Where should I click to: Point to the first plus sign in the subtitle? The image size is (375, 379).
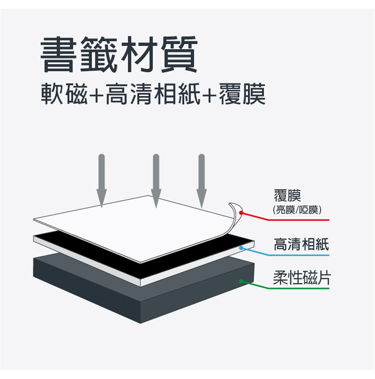(x=97, y=95)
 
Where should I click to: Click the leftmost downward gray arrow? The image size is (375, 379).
(x=101, y=180)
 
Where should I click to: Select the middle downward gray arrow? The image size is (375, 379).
(x=157, y=180)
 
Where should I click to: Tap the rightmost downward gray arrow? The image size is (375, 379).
(x=202, y=180)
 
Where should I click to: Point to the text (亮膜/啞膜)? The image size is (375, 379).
(x=297, y=209)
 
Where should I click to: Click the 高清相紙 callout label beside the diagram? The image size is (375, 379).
(x=301, y=244)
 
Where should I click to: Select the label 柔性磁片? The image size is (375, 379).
(x=301, y=278)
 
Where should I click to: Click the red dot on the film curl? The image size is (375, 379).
(x=241, y=213)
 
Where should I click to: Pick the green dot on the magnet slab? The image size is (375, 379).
(x=241, y=281)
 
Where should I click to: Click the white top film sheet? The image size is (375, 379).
(x=136, y=225)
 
